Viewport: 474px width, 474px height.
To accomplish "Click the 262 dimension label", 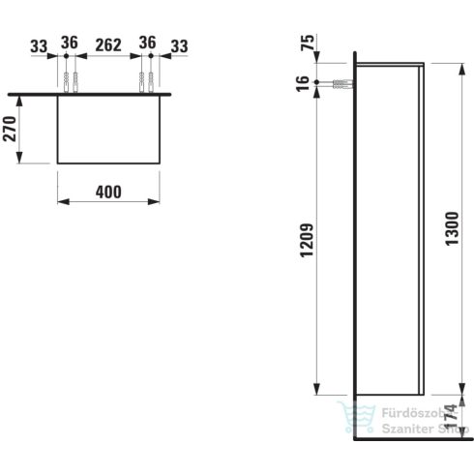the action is click(x=108, y=45).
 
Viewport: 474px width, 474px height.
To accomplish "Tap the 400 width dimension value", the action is click(x=108, y=193).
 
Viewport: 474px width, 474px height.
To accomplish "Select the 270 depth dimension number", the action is click(x=10, y=129).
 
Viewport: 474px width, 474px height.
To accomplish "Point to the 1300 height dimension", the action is click(x=452, y=228).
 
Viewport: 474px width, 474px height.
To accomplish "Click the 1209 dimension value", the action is click(x=307, y=240).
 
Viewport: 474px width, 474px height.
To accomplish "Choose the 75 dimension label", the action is click(x=308, y=43).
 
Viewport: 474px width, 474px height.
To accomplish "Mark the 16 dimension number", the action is click(x=303, y=83).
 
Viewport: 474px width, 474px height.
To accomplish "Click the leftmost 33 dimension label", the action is click(x=39, y=46).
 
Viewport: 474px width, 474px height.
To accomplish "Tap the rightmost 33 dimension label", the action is click(x=179, y=46).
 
